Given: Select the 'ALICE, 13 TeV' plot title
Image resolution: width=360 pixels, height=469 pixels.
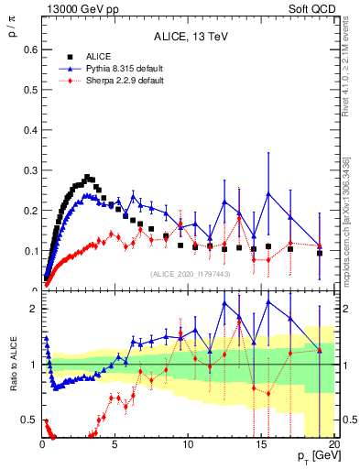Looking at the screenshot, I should tap(190, 37).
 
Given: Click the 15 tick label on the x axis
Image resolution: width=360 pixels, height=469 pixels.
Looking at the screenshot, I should tap(262, 443).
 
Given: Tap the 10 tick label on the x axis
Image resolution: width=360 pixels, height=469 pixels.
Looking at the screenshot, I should tap(189, 443).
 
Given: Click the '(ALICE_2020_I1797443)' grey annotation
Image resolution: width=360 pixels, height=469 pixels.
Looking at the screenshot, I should tap(190, 274).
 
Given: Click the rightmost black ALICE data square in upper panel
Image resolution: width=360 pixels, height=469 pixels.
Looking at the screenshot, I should tap(320, 252).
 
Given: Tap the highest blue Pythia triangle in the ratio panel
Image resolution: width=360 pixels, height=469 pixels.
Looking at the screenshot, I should tap(268, 301).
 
